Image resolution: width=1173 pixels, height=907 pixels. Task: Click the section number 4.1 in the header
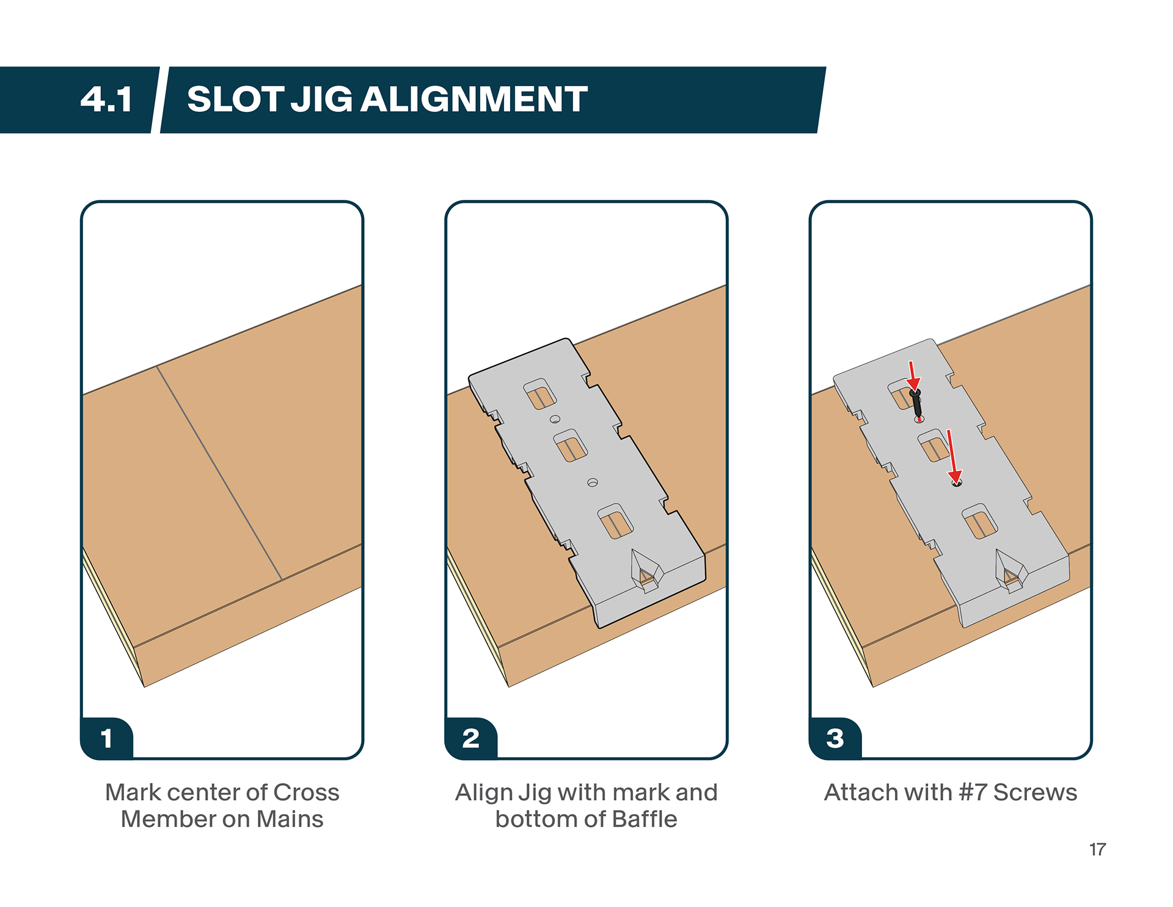(x=106, y=100)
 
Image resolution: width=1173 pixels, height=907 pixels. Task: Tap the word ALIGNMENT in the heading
(x=474, y=100)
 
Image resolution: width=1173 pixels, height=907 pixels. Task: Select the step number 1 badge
(x=107, y=738)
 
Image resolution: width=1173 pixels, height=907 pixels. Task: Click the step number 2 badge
(x=470, y=738)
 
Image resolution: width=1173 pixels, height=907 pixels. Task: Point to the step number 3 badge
(x=835, y=738)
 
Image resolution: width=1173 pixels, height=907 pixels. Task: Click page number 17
(x=1097, y=850)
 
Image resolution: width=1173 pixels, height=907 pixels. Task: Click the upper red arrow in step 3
(x=913, y=375)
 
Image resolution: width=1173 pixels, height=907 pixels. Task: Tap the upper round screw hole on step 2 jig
(x=555, y=419)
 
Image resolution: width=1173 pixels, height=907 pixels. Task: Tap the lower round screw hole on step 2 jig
(x=592, y=483)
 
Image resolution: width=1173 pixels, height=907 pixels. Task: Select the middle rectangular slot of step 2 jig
(x=571, y=446)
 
